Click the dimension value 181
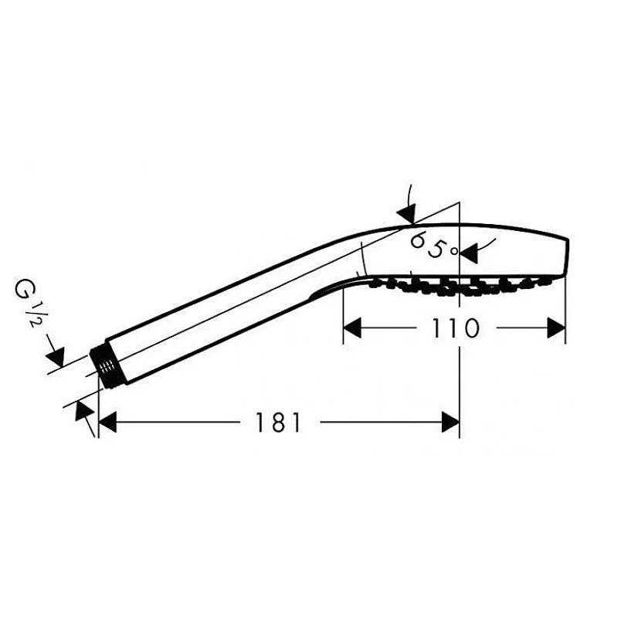click(x=278, y=422)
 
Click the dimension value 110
click(x=456, y=328)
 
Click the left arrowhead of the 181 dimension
click(x=107, y=422)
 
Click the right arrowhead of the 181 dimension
click(x=450, y=422)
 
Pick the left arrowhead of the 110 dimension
click(x=352, y=328)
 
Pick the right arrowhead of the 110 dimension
click(x=556, y=328)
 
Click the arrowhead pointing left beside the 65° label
click(x=469, y=253)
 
